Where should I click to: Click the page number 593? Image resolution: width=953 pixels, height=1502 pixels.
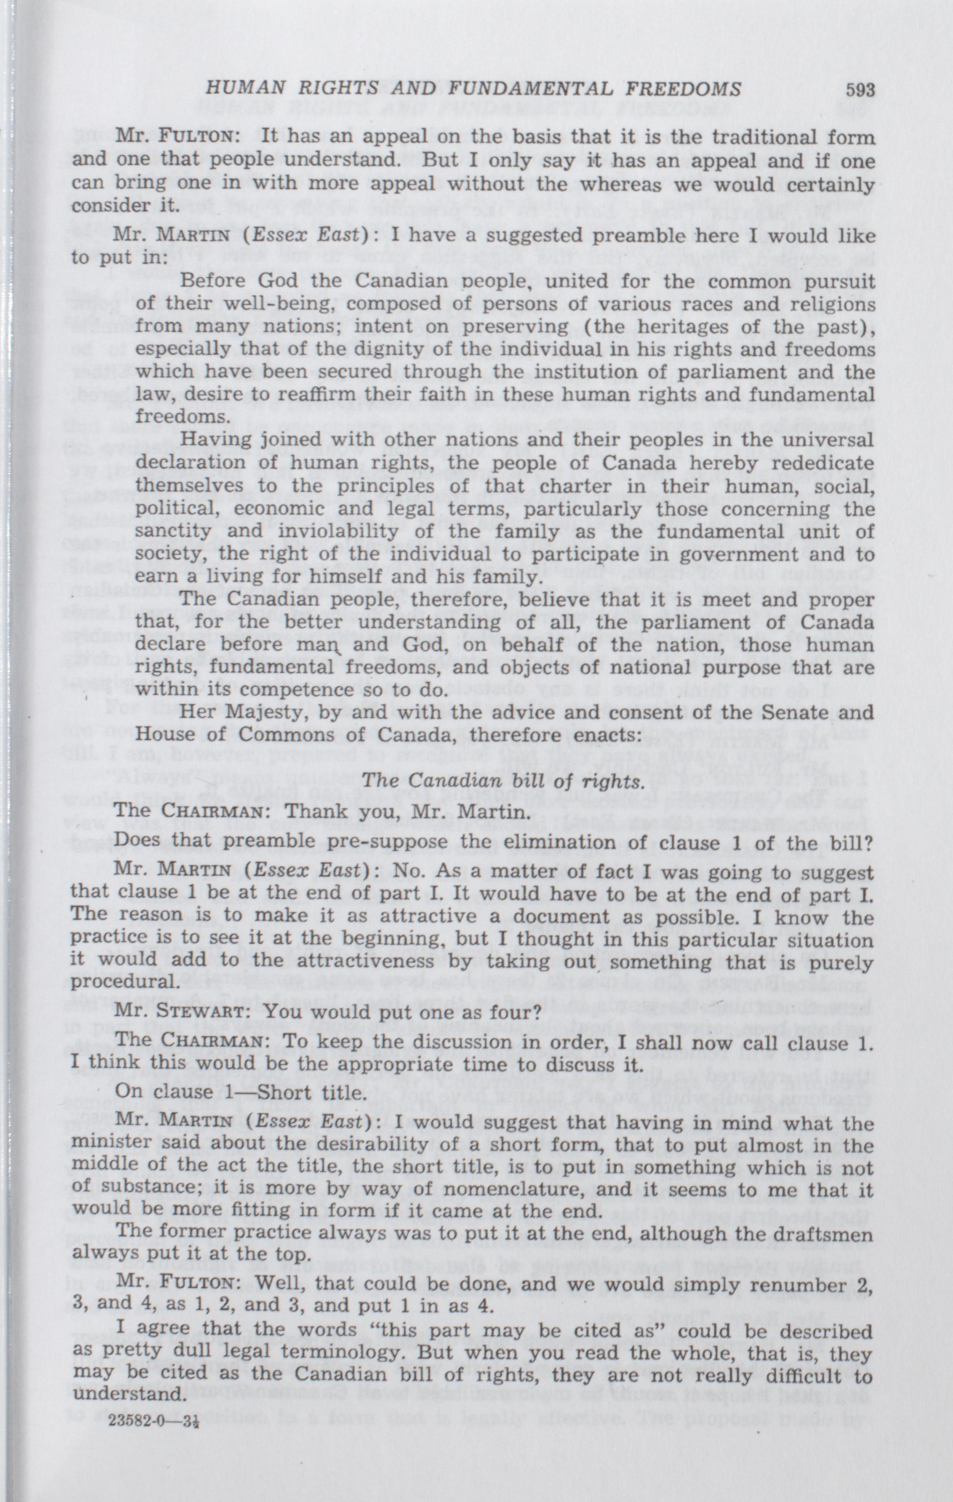coord(860,90)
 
